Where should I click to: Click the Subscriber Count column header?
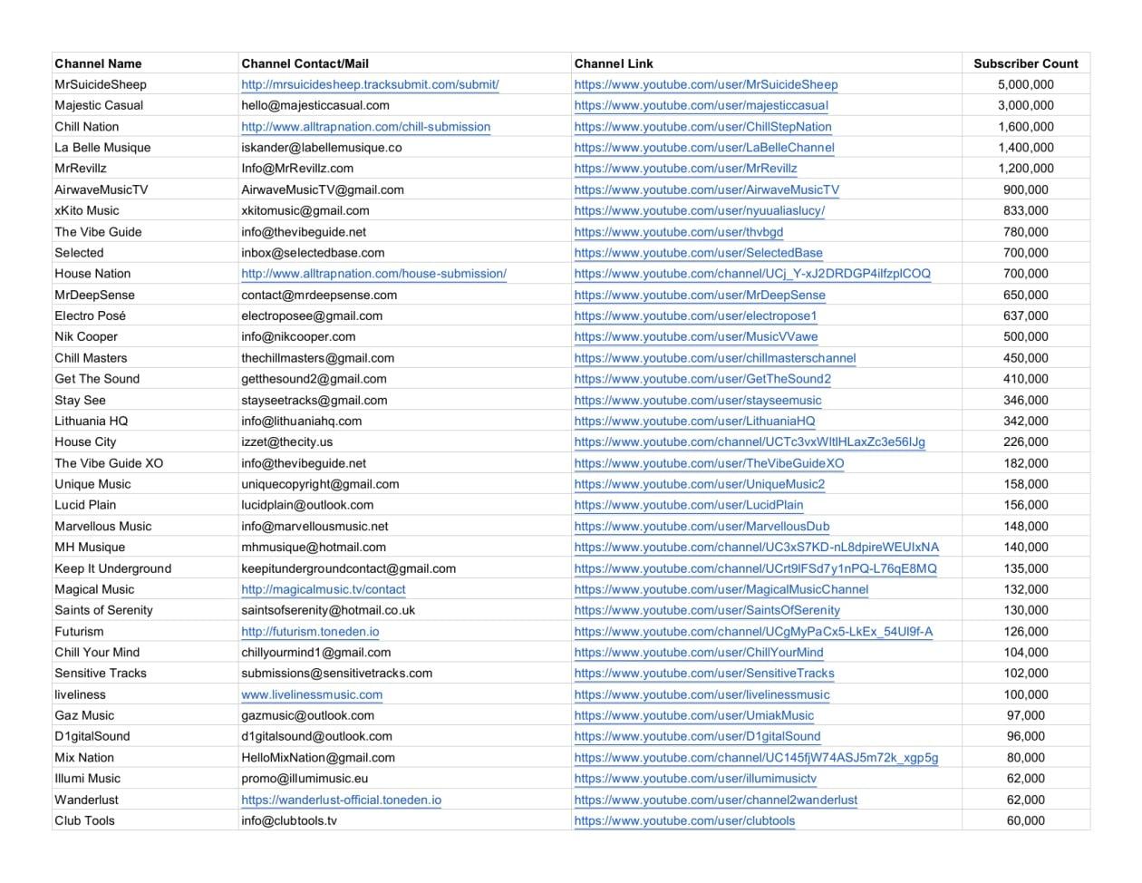[1025, 63]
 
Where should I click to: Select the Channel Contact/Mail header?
[305, 63]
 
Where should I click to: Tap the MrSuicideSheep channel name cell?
[101, 84]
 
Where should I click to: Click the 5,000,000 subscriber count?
[1025, 84]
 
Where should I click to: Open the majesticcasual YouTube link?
[701, 105]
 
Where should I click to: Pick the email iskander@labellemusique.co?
[321, 147]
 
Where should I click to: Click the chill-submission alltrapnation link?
[365, 127]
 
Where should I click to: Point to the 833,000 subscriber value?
[1025, 210]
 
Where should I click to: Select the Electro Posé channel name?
[90, 315]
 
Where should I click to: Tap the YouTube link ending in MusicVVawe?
[695, 336]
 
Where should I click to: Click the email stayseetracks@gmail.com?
[314, 400]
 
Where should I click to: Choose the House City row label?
[85, 441]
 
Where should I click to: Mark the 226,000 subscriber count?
[1025, 441]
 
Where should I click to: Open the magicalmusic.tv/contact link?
[323, 589]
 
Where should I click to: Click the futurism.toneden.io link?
[310, 631]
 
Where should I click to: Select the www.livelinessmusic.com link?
[311, 694]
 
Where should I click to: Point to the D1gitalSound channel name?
[92, 736]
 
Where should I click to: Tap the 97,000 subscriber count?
[1025, 715]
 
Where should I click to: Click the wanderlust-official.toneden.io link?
[341, 800]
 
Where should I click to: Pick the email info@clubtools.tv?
[288, 820]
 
